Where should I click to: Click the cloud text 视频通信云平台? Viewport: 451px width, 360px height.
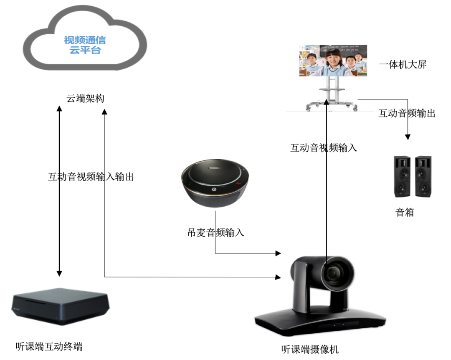point(85,46)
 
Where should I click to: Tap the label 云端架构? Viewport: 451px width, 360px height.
point(86,99)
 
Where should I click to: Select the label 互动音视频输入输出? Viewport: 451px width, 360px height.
point(91,177)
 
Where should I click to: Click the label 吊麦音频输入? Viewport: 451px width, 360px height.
point(215,233)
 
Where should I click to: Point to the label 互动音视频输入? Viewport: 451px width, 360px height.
point(324,147)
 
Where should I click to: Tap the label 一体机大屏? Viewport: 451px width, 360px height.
point(403,65)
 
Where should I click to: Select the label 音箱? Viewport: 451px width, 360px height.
point(404,212)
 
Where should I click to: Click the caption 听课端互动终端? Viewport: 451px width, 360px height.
point(49,346)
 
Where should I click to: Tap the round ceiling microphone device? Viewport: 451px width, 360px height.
point(215,184)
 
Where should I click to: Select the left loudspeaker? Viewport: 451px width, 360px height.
point(402,177)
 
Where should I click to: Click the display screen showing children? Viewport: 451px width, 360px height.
point(333,61)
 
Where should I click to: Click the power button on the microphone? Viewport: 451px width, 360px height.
point(213,189)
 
